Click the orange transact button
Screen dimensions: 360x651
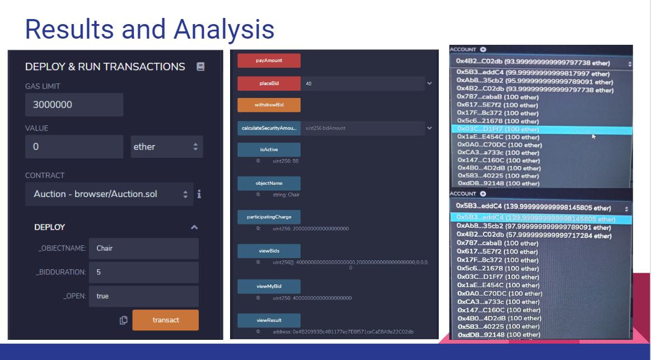pyautogui.click(x=165, y=320)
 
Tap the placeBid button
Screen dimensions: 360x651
pyautogui.click(x=269, y=83)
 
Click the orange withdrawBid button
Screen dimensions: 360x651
pyautogui.click(x=269, y=105)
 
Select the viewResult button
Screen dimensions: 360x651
pyautogui.click(x=269, y=320)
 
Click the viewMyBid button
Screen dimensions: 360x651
pyautogui.click(x=269, y=286)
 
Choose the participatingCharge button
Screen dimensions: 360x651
pyautogui.click(x=269, y=217)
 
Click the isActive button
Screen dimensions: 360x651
pyautogui.click(x=269, y=149)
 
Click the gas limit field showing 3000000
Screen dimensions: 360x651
pyautogui.click(x=74, y=105)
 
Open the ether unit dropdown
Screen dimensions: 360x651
pyautogui.click(x=166, y=147)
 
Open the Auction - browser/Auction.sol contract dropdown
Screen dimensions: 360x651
pyautogui.click(x=109, y=194)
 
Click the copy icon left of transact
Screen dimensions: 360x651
pyautogui.click(x=124, y=320)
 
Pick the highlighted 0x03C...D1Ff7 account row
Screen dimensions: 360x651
pyautogui.click(x=541, y=129)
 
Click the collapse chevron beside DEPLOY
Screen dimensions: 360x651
pyautogui.click(x=194, y=227)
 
